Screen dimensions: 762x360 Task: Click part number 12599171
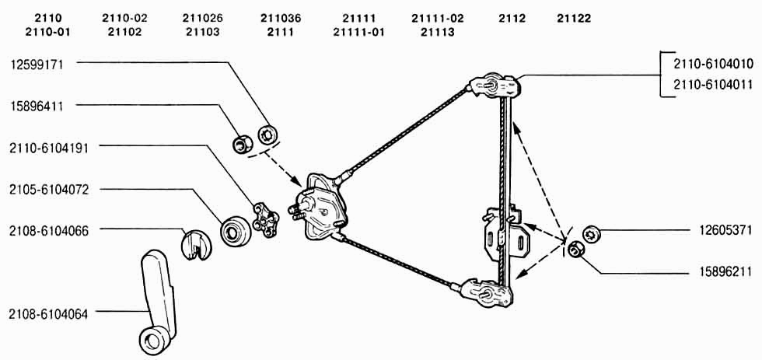pos(37,65)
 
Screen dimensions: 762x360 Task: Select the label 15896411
pos(37,106)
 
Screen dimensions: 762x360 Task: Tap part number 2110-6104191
pos(48,149)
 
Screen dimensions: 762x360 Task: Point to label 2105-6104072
pos(48,190)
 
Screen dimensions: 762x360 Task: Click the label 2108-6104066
pos(48,231)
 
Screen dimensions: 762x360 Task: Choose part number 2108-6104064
pos(48,314)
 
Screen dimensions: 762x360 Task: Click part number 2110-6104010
pos(714,64)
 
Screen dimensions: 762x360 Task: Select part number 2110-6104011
pos(714,84)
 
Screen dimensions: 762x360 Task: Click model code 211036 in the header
pos(281,19)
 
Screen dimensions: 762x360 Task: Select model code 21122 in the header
pos(574,19)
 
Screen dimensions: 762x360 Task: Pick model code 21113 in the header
pos(437,33)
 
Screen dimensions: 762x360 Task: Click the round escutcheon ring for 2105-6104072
pos(236,231)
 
